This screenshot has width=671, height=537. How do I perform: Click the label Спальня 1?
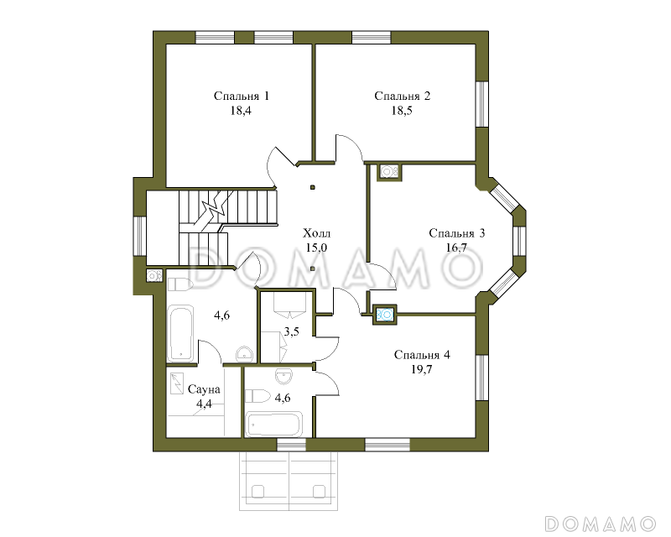[x=242, y=96]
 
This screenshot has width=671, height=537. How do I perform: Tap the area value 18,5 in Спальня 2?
[x=402, y=111]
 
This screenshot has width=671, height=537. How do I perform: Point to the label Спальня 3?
[x=456, y=233]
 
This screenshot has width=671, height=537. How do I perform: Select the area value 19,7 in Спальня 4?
[x=422, y=369]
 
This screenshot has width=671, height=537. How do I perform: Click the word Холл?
[x=317, y=234]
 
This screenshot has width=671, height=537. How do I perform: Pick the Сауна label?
[x=204, y=389]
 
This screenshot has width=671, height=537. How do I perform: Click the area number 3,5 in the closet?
[x=291, y=331]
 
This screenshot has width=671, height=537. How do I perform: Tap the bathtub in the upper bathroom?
[x=180, y=333]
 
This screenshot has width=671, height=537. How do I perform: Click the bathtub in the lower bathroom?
[x=274, y=424]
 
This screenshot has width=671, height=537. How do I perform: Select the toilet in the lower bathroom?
[x=257, y=396]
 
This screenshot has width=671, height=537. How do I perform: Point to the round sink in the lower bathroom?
[x=283, y=377]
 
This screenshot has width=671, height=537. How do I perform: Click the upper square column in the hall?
[x=313, y=187]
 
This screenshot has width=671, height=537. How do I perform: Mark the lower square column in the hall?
[x=313, y=269]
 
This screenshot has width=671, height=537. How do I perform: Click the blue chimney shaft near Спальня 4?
[x=385, y=315]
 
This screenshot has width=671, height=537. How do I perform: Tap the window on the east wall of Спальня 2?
[x=482, y=104]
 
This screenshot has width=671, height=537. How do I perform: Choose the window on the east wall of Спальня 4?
[x=482, y=378]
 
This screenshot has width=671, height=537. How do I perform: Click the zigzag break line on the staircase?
[x=216, y=208]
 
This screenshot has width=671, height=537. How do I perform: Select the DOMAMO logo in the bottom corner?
[x=600, y=524]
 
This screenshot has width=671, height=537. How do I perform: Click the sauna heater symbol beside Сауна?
[x=176, y=384]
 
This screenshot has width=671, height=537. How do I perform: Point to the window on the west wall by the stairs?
[x=140, y=237]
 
